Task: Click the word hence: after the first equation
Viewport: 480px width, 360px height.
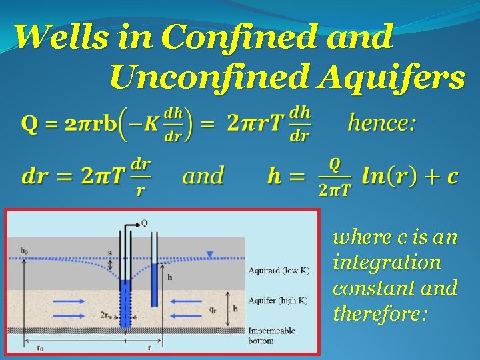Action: coord(382,123)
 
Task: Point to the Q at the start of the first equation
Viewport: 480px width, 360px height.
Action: coord(30,123)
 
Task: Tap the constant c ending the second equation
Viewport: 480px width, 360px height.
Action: coord(452,177)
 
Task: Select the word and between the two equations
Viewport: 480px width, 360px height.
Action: coord(203,177)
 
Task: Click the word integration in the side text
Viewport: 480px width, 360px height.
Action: coord(387,262)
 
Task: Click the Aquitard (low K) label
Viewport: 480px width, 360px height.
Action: coord(278,270)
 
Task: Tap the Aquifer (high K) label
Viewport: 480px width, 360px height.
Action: coord(277,300)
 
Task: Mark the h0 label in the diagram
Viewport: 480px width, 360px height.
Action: coord(24,250)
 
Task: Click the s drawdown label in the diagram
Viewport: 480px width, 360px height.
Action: coord(109,253)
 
